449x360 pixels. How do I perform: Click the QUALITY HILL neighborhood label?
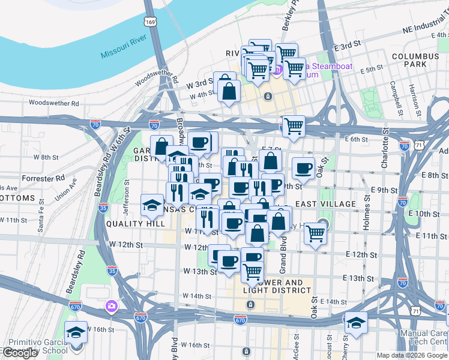tap(135, 224)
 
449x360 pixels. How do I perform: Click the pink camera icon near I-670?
tap(110, 307)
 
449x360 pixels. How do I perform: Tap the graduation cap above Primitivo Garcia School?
tap(76, 332)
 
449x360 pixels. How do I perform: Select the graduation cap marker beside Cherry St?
tap(356, 322)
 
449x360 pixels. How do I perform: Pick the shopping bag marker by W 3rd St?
tap(229, 91)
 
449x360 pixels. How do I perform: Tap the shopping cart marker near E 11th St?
tap(315, 233)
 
